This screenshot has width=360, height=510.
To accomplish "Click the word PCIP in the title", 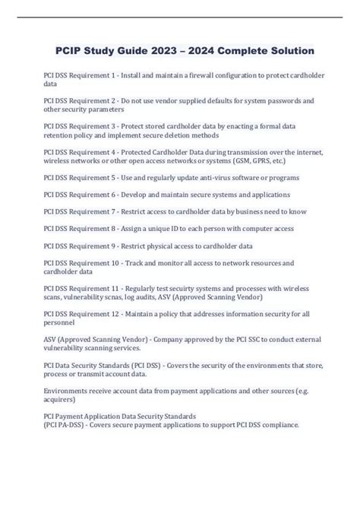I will (x=69, y=51).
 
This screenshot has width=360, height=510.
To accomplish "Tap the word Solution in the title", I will (x=282, y=51).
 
